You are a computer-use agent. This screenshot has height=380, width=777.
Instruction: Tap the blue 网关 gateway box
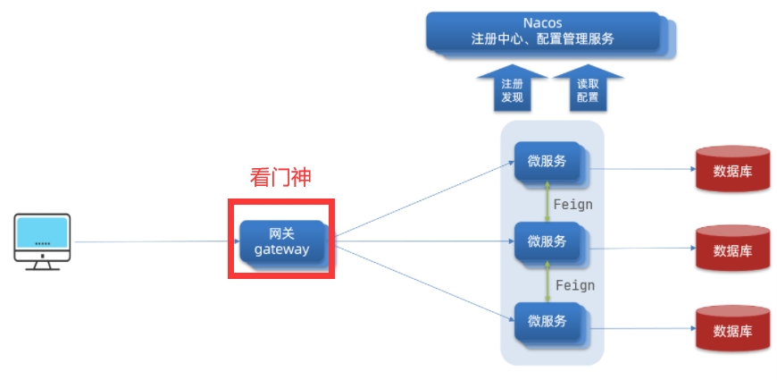point(281,240)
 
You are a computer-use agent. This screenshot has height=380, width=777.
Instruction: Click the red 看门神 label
point(280,177)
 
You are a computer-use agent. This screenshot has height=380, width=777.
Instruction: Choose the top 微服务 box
point(547,162)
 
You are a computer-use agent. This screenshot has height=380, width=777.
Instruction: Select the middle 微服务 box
point(547,241)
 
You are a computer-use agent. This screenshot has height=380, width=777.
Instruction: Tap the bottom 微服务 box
point(547,321)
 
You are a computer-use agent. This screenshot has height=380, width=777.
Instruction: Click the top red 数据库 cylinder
point(732,169)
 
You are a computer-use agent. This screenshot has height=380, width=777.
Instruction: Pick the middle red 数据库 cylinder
point(732,249)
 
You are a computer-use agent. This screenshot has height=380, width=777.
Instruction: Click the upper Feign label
point(572,204)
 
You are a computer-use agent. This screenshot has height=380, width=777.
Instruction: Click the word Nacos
point(542,21)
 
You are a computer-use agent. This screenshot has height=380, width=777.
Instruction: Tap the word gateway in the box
point(281,249)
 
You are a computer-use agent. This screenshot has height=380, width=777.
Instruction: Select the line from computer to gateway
point(152,241)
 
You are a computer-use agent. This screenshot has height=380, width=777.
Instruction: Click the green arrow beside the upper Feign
point(547,202)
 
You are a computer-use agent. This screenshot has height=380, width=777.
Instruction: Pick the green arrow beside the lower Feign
point(547,282)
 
